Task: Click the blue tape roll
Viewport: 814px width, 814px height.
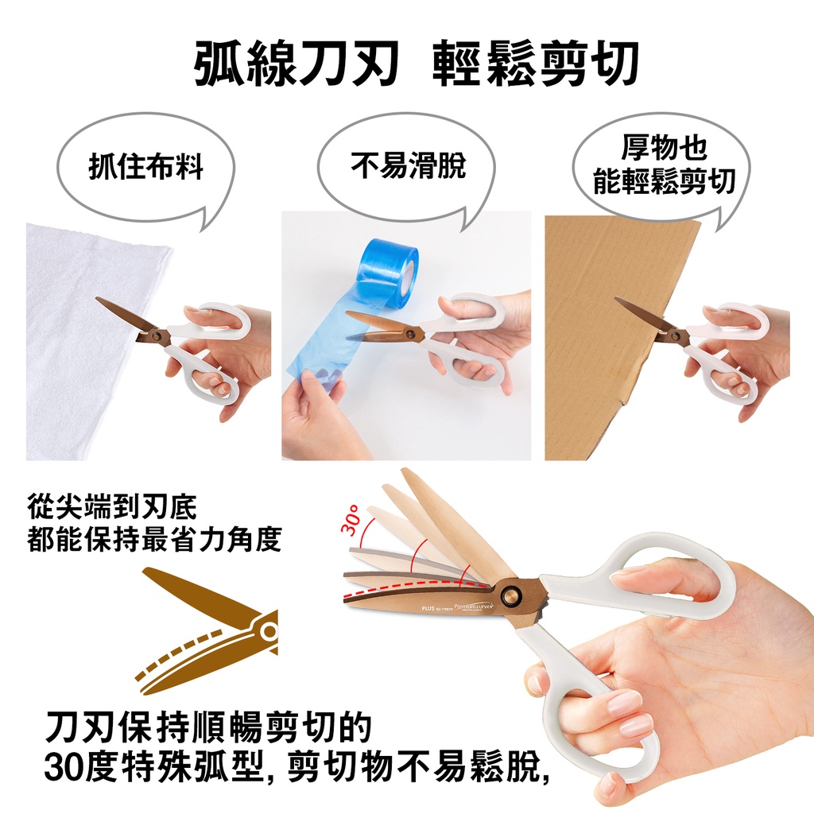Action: tap(390, 266)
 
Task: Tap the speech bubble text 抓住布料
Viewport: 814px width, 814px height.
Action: tap(146, 167)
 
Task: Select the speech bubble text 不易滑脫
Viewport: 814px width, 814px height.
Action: tap(408, 165)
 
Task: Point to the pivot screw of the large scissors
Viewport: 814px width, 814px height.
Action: tap(511, 593)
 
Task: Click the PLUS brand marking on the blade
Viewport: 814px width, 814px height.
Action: tap(428, 608)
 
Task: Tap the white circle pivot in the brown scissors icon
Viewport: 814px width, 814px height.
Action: tap(269, 631)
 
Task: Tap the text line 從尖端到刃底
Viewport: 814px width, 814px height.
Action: tap(112, 507)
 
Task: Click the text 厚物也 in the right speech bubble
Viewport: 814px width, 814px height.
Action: tap(664, 147)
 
